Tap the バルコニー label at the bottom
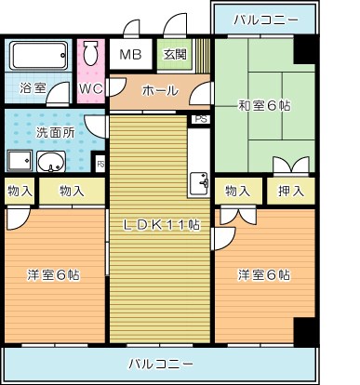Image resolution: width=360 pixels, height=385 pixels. click(x=161, y=362)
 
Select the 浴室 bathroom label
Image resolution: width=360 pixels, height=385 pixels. click(x=32, y=88)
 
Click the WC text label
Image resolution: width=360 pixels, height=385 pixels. click(x=90, y=88)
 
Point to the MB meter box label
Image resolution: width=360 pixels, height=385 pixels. click(x=129, y=54)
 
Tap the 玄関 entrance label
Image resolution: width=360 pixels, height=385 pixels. click(x=174, y=54)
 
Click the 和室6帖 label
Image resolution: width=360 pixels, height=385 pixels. click(x=263, y=106)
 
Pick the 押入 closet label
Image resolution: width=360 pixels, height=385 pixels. click(x=291, y=192)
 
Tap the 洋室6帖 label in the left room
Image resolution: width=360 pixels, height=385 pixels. click(x=52, y=274)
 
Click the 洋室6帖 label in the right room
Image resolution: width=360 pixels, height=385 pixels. click(x=263, y=274)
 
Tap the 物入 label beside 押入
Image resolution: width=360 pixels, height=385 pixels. click(x=238, y=192)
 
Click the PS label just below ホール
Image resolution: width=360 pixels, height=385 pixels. click(x=199, y=119)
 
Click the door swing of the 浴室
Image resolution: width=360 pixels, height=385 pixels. click(x=59, y=94)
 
